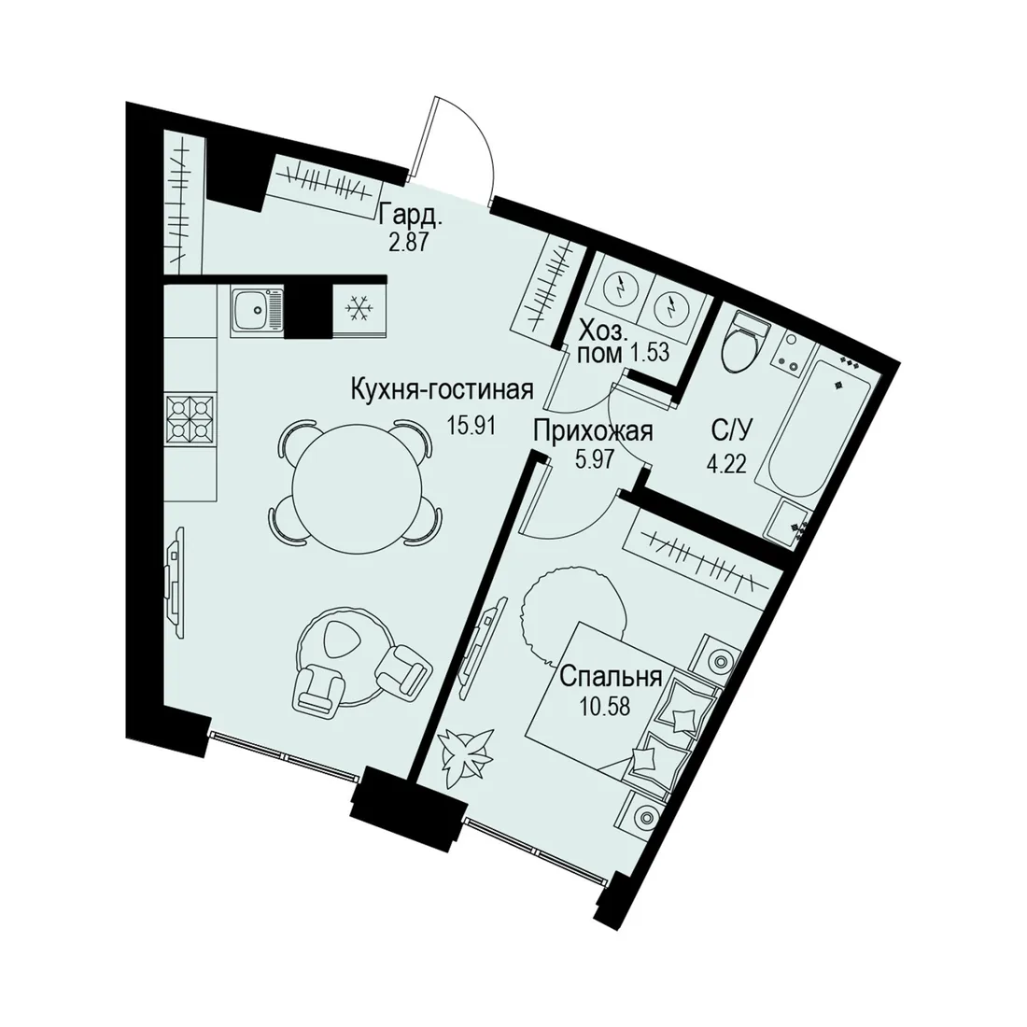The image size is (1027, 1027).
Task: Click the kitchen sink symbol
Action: point(257,312)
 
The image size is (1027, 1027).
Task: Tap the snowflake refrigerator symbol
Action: point(359,308)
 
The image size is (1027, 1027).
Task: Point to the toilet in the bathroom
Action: point(743,341)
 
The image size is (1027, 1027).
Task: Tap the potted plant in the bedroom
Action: point(464,758)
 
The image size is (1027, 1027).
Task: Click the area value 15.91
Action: point(470,427)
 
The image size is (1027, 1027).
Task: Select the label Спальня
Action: point(612,677)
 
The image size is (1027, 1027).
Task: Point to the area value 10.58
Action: point(605,708)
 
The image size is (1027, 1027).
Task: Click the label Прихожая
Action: point(594,432)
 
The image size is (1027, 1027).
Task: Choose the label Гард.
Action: point(412,215)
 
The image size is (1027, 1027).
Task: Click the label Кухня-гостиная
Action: point(443,390)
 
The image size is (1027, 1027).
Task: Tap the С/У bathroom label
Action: point(733,430)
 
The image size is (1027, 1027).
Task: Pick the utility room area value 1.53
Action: point(649,354)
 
